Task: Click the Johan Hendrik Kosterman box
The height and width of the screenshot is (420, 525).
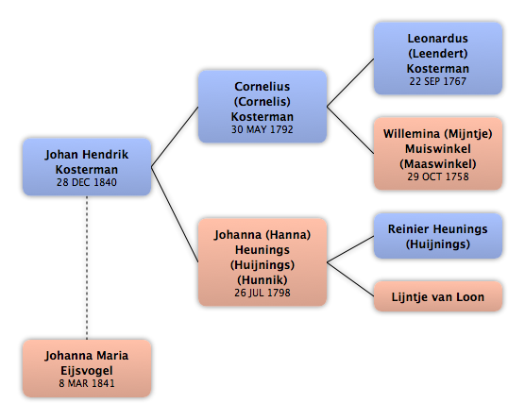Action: coord(87,167)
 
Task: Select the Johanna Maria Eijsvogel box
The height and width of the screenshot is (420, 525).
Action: coord(87,368)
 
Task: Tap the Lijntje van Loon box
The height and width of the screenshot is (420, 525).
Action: coord(438,296)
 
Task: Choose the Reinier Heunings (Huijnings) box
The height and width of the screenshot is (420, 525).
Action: coord(438,236)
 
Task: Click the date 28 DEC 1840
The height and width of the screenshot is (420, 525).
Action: coord(87,182)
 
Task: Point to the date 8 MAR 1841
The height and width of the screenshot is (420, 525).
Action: coord(87,383)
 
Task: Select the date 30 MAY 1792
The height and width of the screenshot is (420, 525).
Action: coord(262,129)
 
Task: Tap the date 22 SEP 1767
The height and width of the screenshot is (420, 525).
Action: coord(438,81)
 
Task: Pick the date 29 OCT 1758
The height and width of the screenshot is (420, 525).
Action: coord(438,176)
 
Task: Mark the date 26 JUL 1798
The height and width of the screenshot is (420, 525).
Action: coord(262,293)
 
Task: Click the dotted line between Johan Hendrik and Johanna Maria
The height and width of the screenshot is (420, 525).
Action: coord(87,268)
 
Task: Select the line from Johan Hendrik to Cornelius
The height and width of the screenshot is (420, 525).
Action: coord(175,137)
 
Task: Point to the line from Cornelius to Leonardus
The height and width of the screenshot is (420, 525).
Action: coord(350,83)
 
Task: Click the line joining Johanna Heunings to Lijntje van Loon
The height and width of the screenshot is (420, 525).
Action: coord(350,279)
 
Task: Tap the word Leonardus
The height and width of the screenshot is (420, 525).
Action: coord(438,39)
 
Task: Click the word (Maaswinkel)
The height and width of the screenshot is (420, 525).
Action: coord(438,164)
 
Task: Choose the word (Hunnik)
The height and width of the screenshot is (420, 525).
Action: coord(262,279)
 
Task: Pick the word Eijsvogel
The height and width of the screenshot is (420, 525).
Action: coord(87,371)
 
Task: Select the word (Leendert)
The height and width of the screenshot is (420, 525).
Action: coord(438,54)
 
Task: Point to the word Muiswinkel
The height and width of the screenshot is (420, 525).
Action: coord(438,149)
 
